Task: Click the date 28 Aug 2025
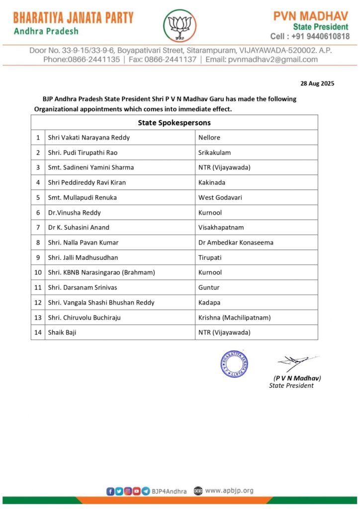pos(317,83)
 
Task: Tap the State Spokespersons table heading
pos(174,122)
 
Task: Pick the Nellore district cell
pos(209,137)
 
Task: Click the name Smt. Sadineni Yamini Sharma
pos(90,168)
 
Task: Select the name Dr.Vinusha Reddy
pos(74,212)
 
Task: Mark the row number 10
pos(38,272)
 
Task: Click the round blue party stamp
pos(234,363)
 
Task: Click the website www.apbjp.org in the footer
pos(229,491)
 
